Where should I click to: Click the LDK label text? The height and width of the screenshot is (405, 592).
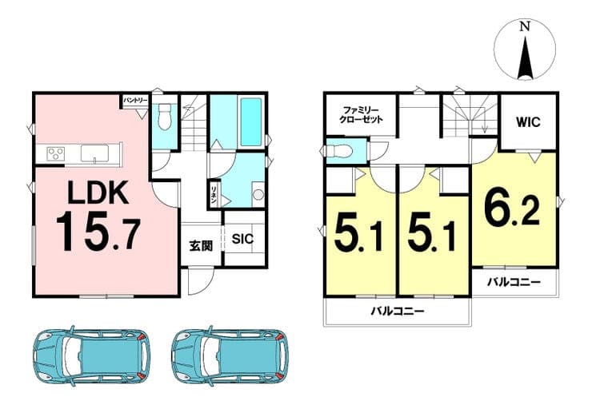[98, 193]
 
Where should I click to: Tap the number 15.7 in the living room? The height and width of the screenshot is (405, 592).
[98, 231]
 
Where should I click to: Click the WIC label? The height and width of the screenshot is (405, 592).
[528, 122]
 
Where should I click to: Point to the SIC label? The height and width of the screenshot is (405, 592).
[242, 239]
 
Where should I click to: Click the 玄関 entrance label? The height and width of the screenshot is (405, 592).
[201, 246]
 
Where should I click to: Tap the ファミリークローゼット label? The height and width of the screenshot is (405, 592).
[362, 115]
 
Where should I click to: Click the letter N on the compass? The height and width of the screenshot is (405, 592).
[525, 27]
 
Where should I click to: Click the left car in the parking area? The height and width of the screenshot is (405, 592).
[91, 354]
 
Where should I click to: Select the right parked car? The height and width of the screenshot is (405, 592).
[230, 354]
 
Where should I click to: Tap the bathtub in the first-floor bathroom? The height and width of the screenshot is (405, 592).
[251, 121]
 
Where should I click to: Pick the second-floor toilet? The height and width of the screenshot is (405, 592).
[339, 152]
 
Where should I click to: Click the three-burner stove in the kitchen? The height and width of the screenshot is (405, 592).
[55, 154]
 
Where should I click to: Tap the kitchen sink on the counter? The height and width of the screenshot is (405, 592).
[94, 153]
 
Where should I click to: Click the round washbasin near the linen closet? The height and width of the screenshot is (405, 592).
[258, 195]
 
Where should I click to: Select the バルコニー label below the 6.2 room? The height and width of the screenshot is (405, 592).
[514, 282]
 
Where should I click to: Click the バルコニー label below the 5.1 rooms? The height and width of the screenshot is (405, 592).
[398, 311]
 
